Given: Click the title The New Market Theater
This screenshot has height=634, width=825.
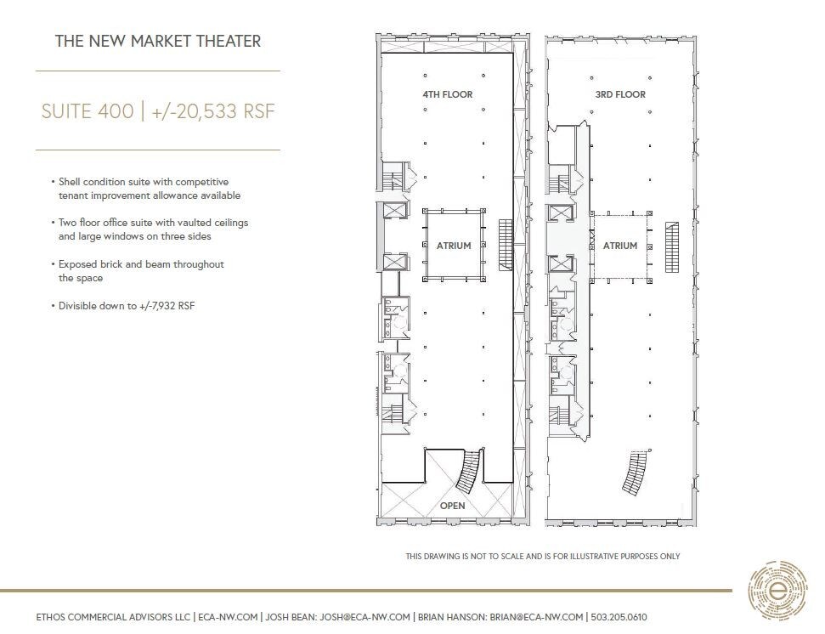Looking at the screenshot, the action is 158,41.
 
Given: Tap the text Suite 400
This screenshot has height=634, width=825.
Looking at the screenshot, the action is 88,111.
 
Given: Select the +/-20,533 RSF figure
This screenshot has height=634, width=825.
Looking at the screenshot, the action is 213,111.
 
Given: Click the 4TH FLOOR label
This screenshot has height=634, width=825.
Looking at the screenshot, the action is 447,94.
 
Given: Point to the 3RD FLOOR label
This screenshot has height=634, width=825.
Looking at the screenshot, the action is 620,94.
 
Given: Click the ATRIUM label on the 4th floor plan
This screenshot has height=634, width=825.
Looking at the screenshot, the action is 454,246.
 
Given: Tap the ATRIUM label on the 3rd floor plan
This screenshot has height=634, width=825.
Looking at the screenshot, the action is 619,246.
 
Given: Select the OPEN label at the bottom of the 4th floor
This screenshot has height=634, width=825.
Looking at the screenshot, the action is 453,506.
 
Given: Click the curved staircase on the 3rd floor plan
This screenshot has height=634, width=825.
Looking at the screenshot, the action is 635,473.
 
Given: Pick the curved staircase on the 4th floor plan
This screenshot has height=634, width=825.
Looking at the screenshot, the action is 469,471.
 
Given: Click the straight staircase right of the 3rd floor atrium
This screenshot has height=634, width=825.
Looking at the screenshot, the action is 671,247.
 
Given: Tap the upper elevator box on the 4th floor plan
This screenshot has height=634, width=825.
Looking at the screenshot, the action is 393,210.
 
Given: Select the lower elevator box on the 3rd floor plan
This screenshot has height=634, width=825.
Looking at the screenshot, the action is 557,264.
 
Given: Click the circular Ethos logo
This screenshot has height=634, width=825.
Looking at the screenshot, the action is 777,591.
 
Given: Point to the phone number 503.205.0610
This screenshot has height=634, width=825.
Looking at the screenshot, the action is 619,617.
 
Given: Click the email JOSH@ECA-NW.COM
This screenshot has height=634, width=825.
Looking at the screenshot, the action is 364,617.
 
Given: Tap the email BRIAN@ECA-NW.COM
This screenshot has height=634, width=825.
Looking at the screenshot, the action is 537,617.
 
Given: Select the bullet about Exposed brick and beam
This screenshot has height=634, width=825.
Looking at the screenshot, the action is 138,271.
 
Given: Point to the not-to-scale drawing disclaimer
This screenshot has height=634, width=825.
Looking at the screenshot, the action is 543,556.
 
